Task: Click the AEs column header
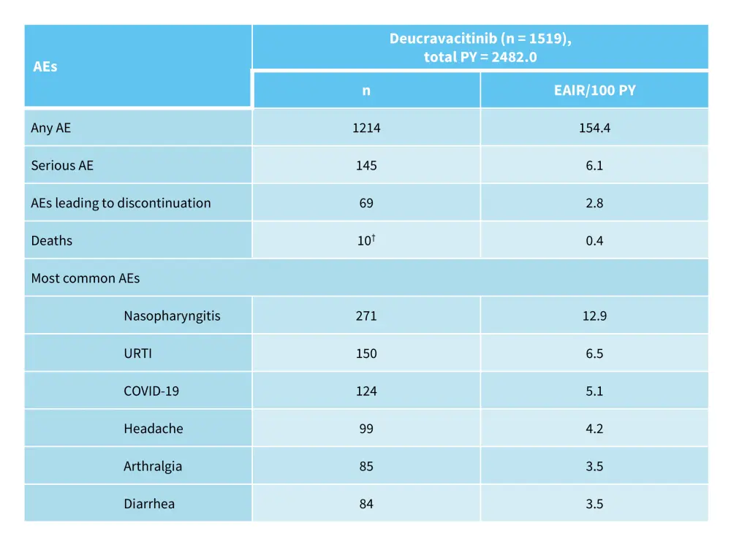tap(45, 66)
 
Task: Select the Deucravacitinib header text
tap(480, 47)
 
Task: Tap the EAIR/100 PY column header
tap(594, 91)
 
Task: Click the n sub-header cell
tap(366, 91)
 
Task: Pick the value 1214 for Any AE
tap(366, 128)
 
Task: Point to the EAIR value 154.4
tap(594, 128)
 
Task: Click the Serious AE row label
tap(62, 165)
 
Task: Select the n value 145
tap(366, 165)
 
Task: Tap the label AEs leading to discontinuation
tap(121, 203)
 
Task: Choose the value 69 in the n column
tap(366, 203)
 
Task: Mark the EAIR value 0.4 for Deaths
tap(594, 240)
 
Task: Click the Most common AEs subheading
tap(85, 278)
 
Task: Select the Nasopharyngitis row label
tap(172, 315)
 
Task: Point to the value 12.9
tap(594, 315)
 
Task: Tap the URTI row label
tap(137, 353)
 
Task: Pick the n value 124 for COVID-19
tap(366, 391)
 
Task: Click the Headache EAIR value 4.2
tap(594, 429)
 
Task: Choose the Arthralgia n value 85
tap(366, 466)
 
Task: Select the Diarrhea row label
tap(149, 504)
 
